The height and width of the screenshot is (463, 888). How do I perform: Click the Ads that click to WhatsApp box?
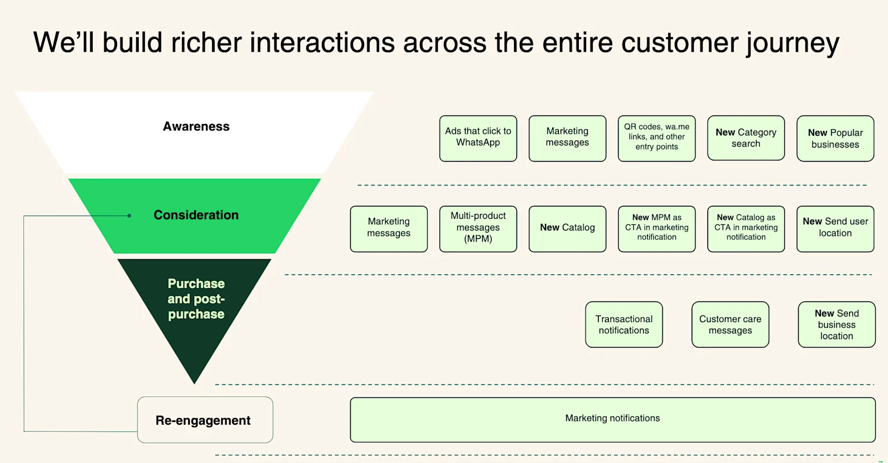point(478,138)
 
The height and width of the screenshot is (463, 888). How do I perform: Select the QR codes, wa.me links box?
point(657,138)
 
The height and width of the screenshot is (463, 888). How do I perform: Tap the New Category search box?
point(746,138)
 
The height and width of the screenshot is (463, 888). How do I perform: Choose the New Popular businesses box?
point(835,138)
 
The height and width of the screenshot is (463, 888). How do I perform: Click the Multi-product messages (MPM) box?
point(478,229)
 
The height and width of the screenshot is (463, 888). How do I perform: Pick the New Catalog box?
point(567,229)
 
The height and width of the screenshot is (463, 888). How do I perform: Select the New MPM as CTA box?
point(657,229)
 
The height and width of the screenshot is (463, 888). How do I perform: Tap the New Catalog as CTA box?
point(746,229)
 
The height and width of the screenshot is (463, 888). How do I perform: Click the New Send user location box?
point(835,229)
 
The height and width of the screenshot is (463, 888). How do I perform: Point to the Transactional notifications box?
point(624,325)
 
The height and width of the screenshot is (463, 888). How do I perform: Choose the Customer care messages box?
point(730,325)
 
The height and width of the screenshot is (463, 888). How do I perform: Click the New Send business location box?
point(836,325)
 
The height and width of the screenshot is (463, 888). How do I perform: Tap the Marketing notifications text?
point(612,419)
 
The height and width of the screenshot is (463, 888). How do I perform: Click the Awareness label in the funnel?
point(196,127)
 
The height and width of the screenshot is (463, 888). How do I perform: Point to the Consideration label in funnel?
point(196,215)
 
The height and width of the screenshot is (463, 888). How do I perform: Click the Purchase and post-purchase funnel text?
point(196,299)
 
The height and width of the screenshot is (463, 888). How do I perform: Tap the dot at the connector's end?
point(129,216)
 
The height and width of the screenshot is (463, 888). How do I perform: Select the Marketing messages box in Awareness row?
point(567,138)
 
